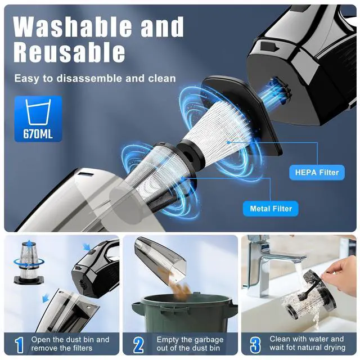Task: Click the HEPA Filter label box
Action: [x=317, y=173]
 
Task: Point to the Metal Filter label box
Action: [x=271, y=209]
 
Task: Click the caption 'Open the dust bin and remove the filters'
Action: [x=71, y=344]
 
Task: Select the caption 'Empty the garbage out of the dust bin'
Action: [x=191, y=344]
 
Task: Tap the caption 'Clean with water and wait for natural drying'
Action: [x=307, y=344]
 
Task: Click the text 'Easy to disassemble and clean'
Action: [x=95, y=78]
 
